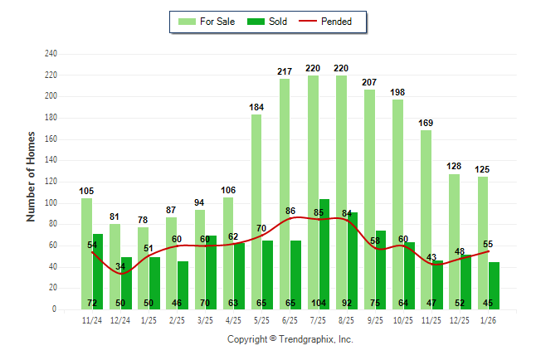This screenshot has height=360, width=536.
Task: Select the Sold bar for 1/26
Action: [x=495, y=285]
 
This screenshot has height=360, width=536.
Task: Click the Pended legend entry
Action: [x=332, y=22]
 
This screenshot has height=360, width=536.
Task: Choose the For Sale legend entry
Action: [x=208, y=22]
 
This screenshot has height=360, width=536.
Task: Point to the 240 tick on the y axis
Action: [x=51, y=54]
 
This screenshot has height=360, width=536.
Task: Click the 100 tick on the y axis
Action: [x=51, y=203]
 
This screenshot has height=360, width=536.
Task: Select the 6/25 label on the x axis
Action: [x=290, y=319]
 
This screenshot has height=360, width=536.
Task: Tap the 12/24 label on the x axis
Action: [x=120, y=319]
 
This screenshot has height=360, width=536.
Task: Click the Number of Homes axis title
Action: [x=31, y=176]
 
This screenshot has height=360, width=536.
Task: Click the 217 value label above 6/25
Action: [x=285, y=72]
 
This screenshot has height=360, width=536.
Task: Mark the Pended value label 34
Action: [x=121, y=266]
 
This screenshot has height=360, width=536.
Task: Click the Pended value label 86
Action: [x=290, y=212]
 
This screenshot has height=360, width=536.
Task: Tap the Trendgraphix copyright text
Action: [x=290, y=339]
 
